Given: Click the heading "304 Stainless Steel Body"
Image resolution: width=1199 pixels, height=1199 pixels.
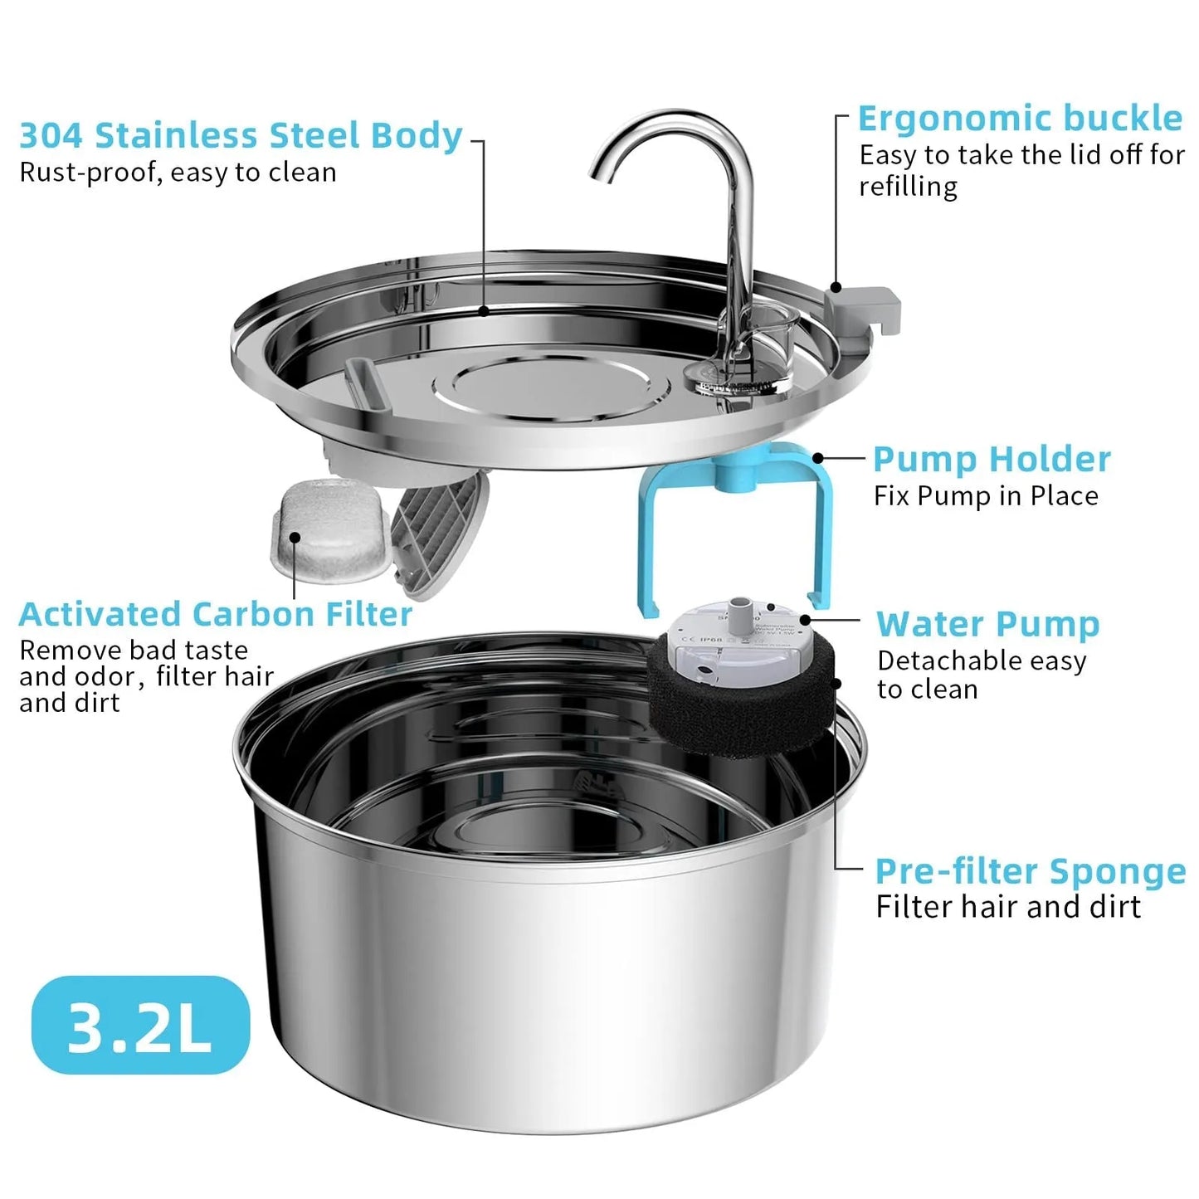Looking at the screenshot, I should coord(241,136).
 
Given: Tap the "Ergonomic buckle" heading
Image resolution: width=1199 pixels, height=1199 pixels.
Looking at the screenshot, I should coord(1020,119).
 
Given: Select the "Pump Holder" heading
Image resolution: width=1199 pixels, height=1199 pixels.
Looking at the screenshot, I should coord(992,459).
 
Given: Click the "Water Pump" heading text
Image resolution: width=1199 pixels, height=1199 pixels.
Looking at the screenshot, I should coord(987,624).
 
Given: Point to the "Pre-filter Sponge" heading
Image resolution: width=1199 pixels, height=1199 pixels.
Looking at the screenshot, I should coord(1031,871).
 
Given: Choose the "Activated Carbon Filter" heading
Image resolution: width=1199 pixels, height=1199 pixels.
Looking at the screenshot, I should coord(216,615).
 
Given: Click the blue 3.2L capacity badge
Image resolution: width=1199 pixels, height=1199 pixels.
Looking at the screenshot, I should coord(140,1026).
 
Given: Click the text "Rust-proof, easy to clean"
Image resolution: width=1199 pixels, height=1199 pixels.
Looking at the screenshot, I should coord(178,173).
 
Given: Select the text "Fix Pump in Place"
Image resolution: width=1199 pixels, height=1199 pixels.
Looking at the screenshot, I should coord(986,496).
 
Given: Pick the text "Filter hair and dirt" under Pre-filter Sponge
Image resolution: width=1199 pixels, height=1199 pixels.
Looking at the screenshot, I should coord(1008,907).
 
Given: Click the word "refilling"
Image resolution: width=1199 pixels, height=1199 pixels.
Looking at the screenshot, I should coord(908,186).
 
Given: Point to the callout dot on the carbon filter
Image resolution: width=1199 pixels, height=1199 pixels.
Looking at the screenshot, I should coord(295,537).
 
